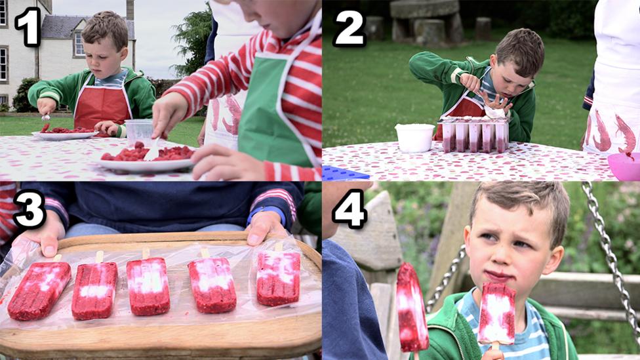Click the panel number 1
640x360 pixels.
click(28, 26)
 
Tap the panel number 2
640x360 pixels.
click(349, 28)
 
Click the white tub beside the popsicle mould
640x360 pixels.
click(414, 138)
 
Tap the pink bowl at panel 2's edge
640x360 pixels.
click(624, 166)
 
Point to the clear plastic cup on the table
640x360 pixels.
click(140, 130)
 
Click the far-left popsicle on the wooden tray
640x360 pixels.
click(39, 290)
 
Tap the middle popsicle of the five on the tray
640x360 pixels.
click(148, 285)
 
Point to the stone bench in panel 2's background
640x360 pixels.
click(424, 20)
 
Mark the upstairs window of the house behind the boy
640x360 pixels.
click(79, 45)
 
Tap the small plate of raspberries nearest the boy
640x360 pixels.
click(66, 132)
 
